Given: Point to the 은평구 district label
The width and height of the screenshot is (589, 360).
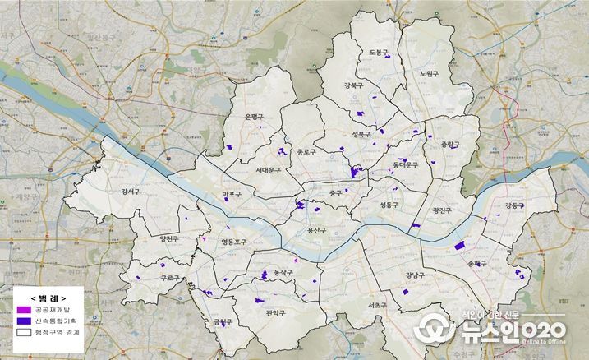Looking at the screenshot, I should coord(254,117).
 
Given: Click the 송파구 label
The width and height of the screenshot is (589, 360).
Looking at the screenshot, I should coord(476,264).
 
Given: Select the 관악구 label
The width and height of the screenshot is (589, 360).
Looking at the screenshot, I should coord(275,312).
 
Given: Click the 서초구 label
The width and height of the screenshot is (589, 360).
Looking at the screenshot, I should coord(378,304).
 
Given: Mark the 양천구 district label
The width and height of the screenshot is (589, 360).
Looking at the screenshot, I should coord(170,238).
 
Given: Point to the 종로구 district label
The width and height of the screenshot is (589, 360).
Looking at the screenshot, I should coord(307,151).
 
